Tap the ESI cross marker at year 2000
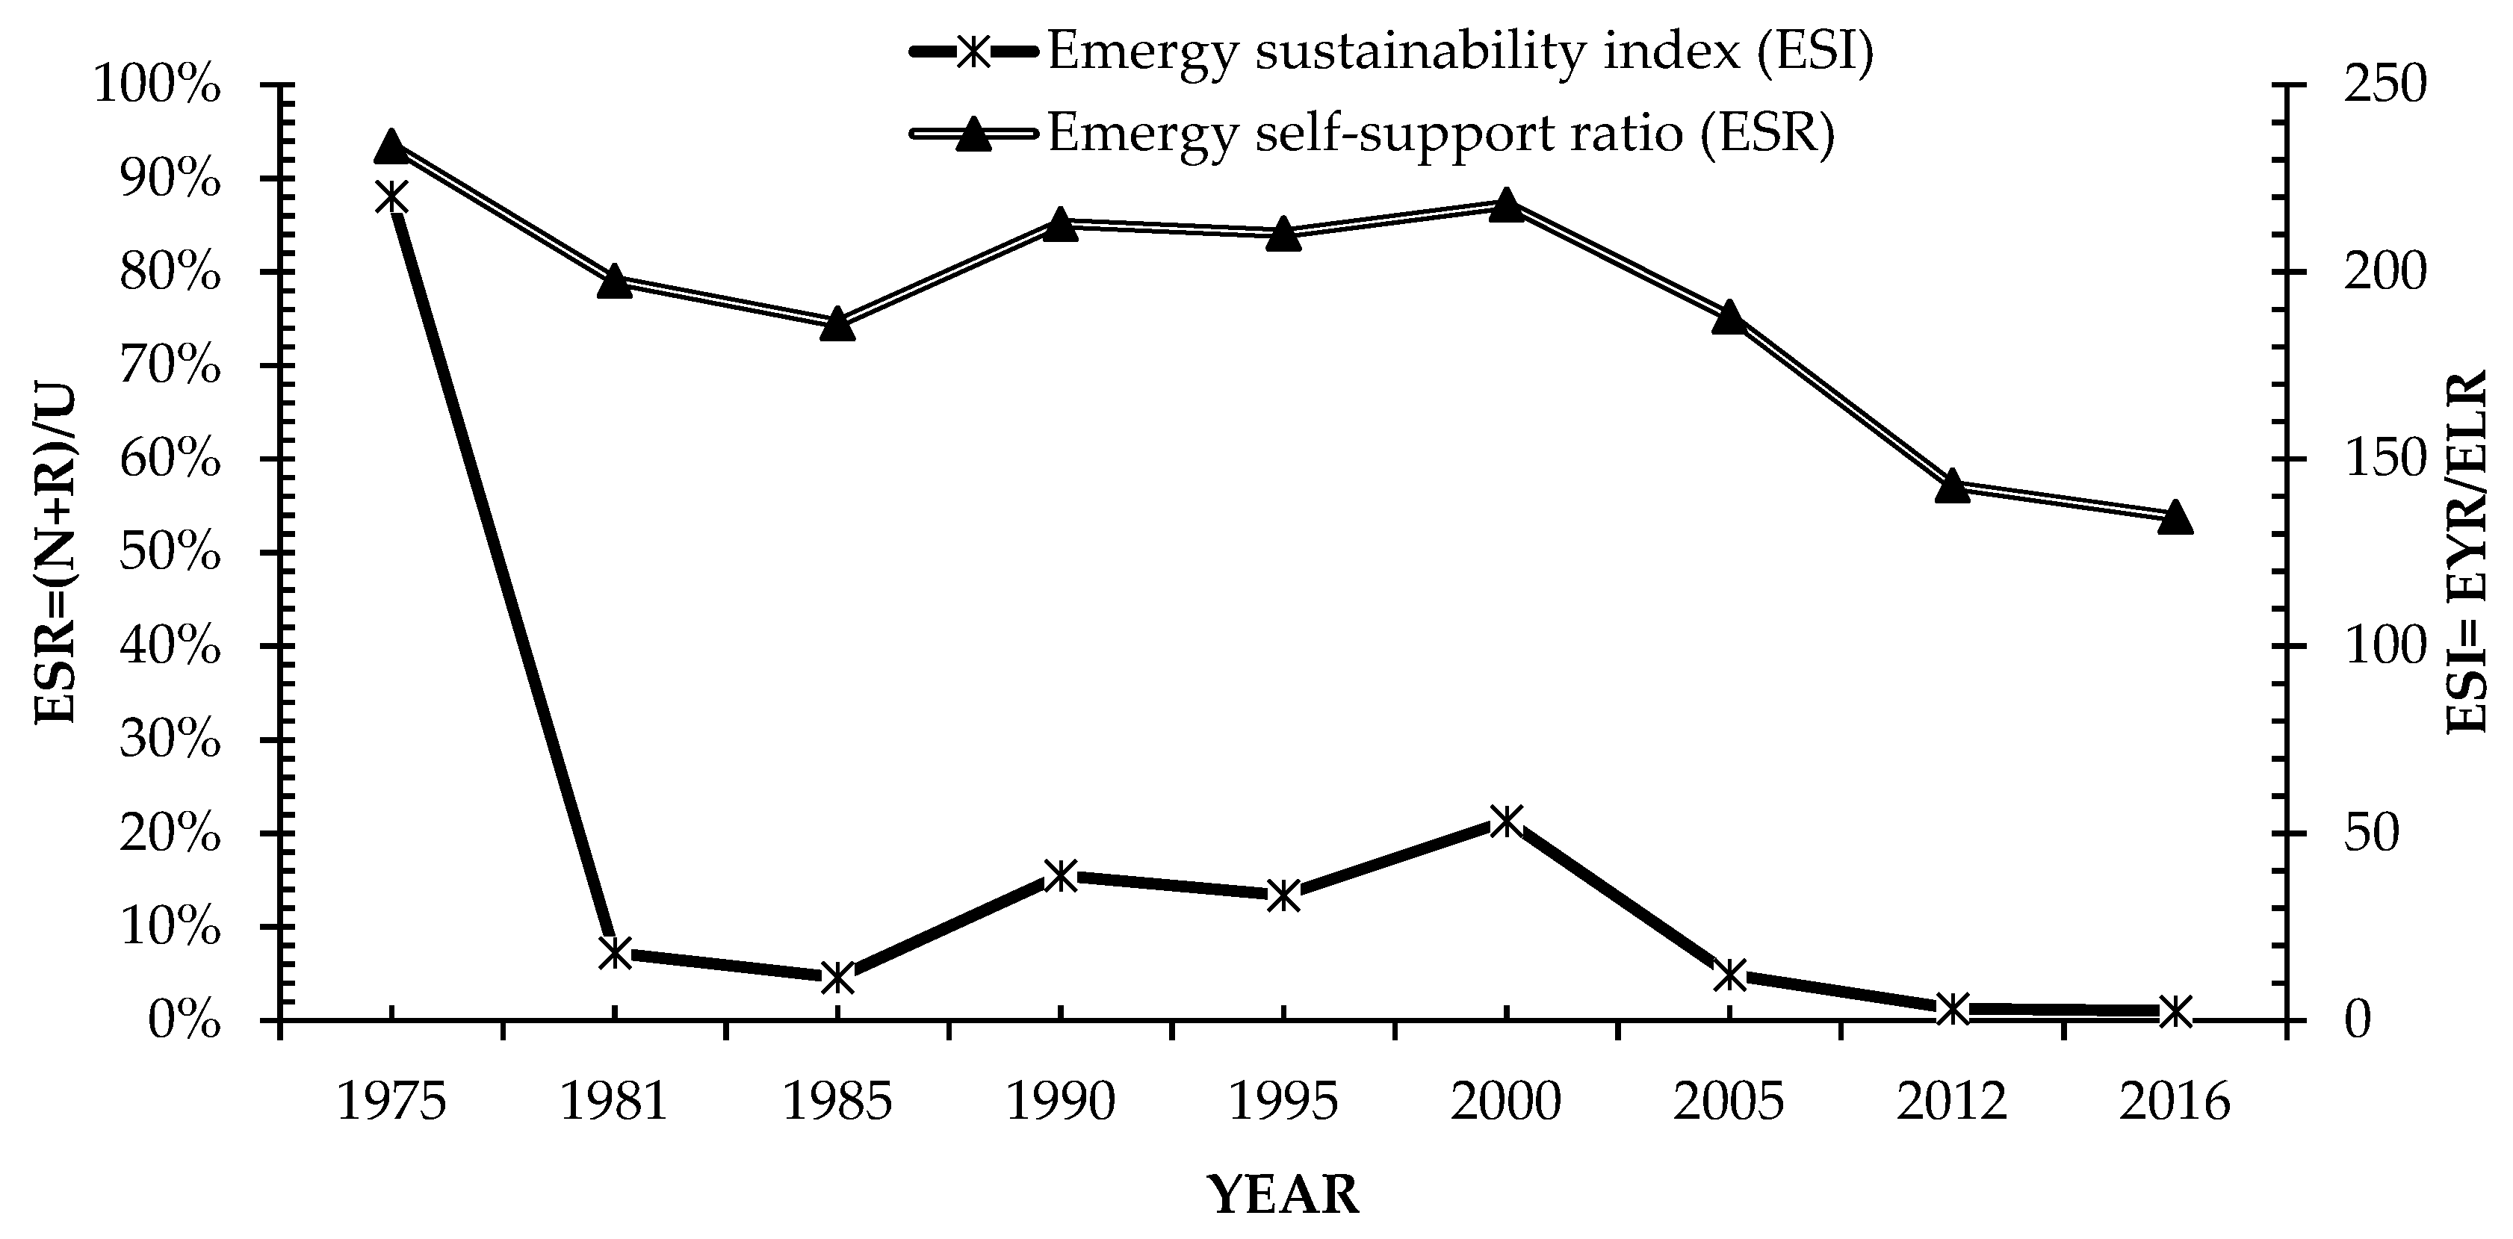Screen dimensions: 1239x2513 click(x=1506, y=822)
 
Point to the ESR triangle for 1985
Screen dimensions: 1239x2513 click(x=837, y=324)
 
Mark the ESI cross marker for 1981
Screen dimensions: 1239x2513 click(x=615, y=953)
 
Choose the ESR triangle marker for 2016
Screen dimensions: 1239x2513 click(x=2175, y=517)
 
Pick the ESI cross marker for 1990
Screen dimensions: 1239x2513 click(x=1061, y=875)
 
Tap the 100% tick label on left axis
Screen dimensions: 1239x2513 click(x=156, y=87)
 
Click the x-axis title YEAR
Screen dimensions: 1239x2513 click(x=1283, y=1193)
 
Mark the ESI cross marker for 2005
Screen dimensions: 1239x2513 click(x=1729, y=975)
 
